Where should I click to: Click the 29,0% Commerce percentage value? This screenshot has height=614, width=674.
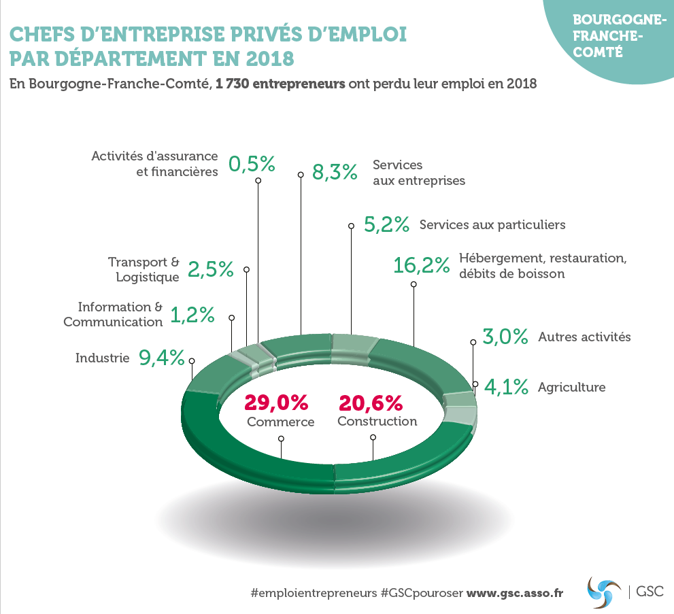tap(276, 403)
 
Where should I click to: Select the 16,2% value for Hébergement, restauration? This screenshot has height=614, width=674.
tap(422, 265)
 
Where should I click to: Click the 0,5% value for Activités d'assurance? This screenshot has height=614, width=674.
tap(252, 164)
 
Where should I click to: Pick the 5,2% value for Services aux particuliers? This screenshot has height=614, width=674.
tap(386, 224)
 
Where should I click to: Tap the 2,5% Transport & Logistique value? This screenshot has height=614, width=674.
tap(211, 269)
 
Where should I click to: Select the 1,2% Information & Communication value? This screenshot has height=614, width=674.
tap(192, 315)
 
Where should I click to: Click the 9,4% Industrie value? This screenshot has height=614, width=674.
tap(162, 357)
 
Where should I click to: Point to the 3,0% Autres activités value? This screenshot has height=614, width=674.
tap(505, 337)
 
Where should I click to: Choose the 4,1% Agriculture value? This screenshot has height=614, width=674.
tap(505, 388)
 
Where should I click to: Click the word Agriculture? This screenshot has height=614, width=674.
tap(571, 388)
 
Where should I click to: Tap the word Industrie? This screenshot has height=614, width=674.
tap(102, 357)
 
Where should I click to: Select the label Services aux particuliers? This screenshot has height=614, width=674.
tap(492, 224)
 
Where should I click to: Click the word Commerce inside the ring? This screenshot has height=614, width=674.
tap(280, 422)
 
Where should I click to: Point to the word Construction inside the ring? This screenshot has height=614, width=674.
tap(377, 422)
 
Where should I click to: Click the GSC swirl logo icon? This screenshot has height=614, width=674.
tap(604, 591)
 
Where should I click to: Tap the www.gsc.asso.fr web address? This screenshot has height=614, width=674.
tap(515, 593)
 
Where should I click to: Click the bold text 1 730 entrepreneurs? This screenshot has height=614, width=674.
tap(280, 85)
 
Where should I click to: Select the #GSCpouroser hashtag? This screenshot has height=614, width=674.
tap(422, 593)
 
